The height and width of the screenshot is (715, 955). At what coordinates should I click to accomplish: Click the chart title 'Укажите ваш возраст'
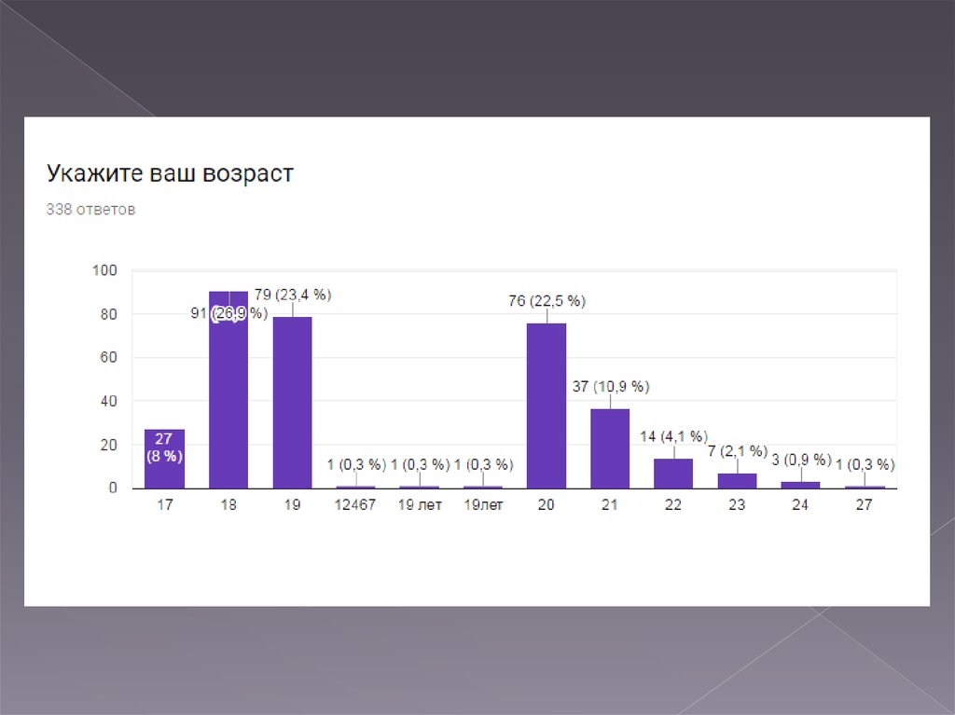(170, 174)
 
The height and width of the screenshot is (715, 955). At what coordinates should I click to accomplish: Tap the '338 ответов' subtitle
(90, 210)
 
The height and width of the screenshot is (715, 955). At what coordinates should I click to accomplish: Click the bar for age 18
(228, 401)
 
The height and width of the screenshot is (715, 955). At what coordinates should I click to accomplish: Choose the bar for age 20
(547, 406)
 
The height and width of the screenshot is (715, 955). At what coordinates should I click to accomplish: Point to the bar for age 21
(610, 448)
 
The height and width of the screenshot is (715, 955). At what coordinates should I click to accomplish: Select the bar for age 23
(737, 481)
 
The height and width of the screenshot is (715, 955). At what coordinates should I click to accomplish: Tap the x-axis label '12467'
(355, 505)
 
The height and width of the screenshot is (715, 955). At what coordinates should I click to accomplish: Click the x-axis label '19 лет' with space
(419, 505)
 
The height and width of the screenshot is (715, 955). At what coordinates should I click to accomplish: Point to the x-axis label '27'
(865, 505)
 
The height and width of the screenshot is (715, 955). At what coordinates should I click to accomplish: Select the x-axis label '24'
(801, 505)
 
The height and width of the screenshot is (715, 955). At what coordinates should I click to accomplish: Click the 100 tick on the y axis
(104, 270)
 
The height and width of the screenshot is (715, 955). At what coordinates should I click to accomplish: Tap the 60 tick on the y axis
(108, 358)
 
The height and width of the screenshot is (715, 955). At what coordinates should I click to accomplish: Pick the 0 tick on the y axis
(113, 488)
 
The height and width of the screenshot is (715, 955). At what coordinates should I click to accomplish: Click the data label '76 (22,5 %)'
(547, 301)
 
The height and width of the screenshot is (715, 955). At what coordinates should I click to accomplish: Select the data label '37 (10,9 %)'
(611, 386)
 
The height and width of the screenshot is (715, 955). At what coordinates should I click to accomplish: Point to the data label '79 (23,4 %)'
(292, 295)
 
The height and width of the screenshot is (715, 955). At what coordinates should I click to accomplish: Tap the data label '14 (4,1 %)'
(673, 436)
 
